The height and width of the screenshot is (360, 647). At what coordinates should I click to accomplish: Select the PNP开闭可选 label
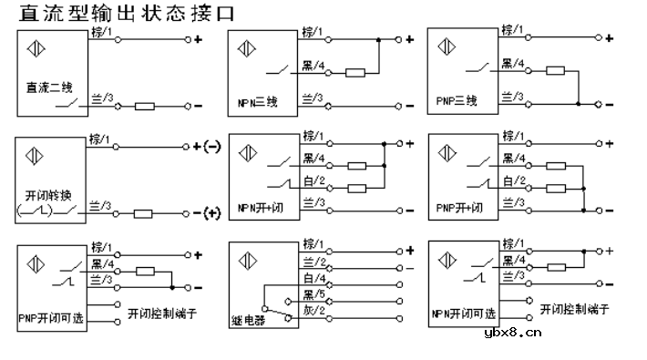[52, 319]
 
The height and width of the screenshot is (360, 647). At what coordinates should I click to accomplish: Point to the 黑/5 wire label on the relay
[314, 294]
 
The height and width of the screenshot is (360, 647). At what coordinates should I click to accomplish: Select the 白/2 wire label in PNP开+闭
[514, 180]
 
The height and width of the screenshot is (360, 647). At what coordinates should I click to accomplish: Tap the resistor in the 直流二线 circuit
[145, 107]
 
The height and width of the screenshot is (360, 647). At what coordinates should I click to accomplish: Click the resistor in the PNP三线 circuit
[555, 71]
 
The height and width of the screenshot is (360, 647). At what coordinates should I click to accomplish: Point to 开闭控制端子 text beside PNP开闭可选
[164, 314]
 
